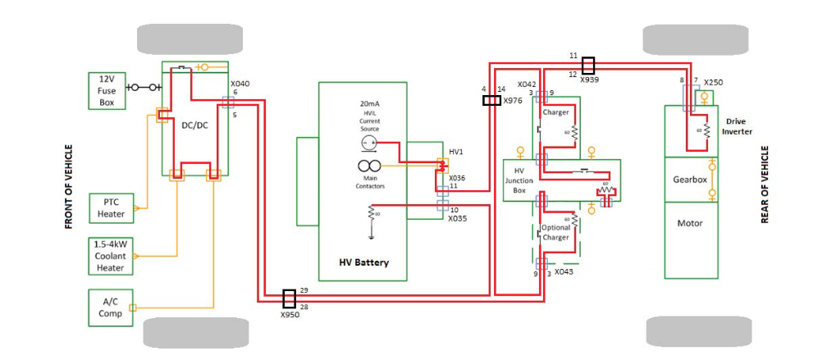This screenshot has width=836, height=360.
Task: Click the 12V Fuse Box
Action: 107,90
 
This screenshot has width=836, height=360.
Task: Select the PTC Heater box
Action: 111,207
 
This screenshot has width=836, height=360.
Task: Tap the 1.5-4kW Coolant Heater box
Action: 111,256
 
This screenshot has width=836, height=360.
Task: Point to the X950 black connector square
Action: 289,298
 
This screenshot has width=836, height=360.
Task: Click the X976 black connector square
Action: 491,100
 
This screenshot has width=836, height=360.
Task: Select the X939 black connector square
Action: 588,65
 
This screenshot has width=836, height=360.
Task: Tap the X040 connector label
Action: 240,84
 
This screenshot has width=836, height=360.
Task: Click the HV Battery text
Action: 363,262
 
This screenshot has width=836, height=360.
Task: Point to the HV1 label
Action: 456,153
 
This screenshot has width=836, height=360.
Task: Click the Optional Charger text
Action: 555,232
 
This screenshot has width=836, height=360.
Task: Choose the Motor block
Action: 690,223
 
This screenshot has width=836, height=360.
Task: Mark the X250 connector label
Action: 713,83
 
